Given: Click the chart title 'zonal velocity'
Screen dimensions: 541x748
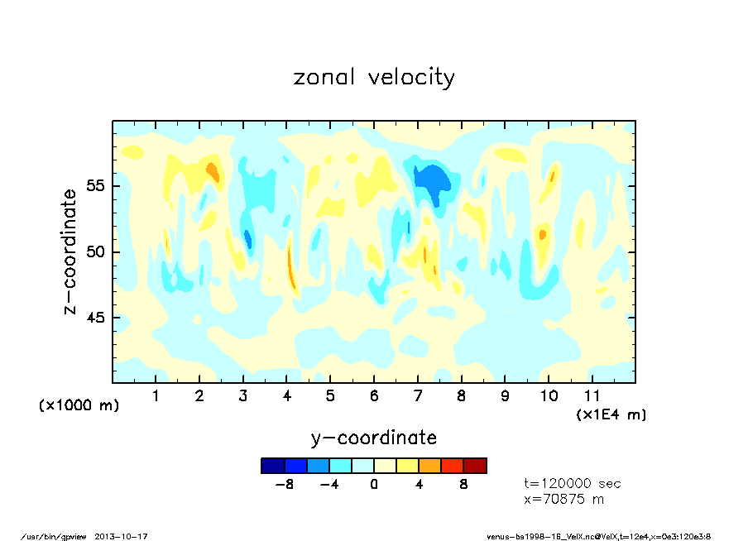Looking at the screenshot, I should coord(374,78).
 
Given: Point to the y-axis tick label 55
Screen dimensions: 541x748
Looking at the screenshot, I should coord(96,185).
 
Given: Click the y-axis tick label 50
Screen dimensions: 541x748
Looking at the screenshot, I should coord(96,251).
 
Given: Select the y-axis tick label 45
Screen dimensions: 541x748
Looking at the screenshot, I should coord(96,318).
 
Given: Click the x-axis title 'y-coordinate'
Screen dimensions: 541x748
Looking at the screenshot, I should coord(374,437).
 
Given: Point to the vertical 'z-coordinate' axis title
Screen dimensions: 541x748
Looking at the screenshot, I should coord(70,251).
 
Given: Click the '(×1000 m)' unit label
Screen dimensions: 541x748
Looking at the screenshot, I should coord(79,405).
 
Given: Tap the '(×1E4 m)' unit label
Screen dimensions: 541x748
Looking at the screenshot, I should coord(611,414).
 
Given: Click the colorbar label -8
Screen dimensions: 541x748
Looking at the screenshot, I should coord(285,485).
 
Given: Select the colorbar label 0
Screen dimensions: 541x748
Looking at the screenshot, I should coord(374,485).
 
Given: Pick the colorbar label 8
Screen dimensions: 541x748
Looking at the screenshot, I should coord(463,485).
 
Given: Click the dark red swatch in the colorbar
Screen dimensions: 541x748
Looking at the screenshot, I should coord(475,466).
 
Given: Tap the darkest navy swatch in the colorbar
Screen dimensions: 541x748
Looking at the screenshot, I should coord(272,466).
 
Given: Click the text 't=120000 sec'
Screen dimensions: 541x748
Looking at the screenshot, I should coord(573,483).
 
